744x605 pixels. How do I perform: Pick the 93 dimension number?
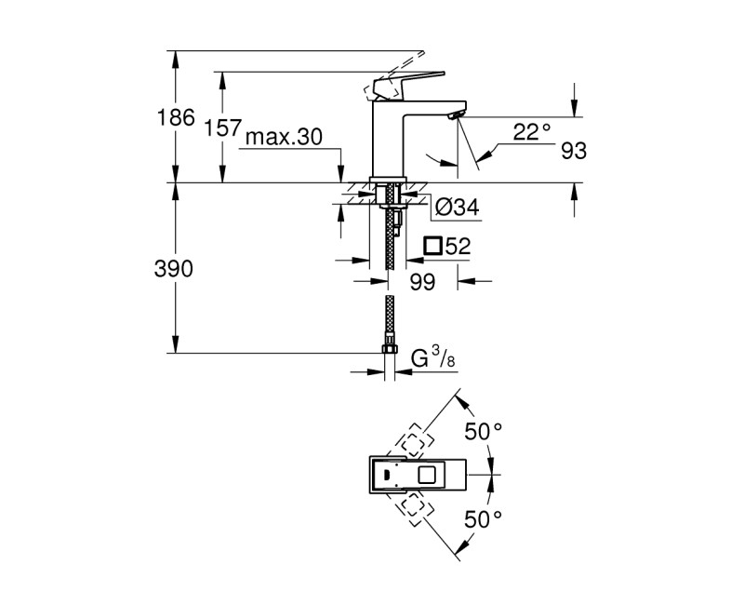(x=573, y=151)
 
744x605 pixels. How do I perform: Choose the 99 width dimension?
(x=421, y=283)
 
